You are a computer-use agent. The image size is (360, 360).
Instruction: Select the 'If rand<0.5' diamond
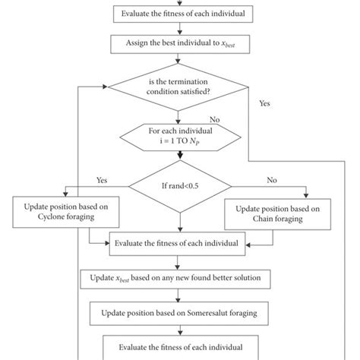pos(179,183)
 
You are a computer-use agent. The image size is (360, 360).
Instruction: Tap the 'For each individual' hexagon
pos(179,137)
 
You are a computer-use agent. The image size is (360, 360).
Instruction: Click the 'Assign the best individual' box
pos(179,43)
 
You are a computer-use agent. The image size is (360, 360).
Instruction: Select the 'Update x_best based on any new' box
pos(179,279)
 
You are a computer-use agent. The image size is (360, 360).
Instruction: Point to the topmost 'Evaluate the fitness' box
pos(179,13)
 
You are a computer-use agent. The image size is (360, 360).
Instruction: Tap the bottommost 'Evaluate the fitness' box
pos(179,345)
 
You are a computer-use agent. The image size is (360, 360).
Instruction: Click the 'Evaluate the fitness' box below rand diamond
pos(179,244)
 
